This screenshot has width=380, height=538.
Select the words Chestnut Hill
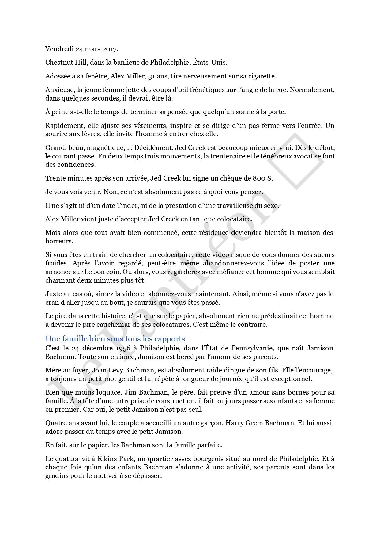(59, 63)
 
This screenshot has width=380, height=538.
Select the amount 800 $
(262, 178)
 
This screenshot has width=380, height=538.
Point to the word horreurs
(59, 241)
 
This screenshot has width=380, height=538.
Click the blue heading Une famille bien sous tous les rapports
(115, 339)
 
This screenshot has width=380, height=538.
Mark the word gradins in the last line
(57, 476)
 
